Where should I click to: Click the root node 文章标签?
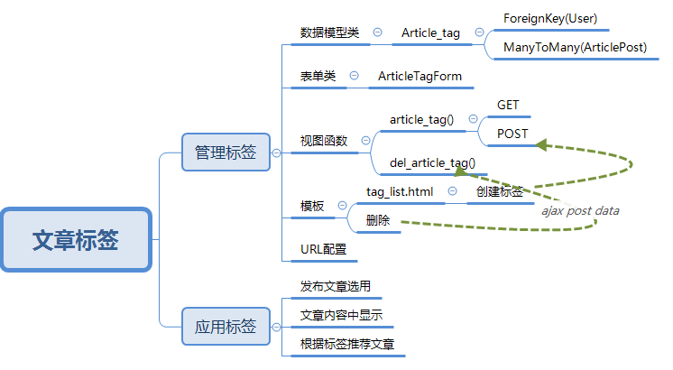[76, 240]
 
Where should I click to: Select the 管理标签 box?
[226, 153]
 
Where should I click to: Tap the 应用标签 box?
[226, 327]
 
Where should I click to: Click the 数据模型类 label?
[329, 32]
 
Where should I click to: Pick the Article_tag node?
[430, 32]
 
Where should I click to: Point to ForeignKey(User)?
[550, 18]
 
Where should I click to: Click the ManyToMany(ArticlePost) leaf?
[575, 47]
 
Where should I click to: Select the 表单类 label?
[318, 76]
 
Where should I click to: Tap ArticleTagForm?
[419, 76]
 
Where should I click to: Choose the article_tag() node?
[421, 119]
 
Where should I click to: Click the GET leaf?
[508, 106]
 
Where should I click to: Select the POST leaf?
[512, 133]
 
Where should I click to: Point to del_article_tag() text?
[432, 163]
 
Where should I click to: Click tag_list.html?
[400, 191]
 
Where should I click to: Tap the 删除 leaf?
[378, 220]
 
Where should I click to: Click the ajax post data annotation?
[580, 210]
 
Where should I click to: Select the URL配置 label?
[323, 249]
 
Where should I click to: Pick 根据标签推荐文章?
[347, 344]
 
